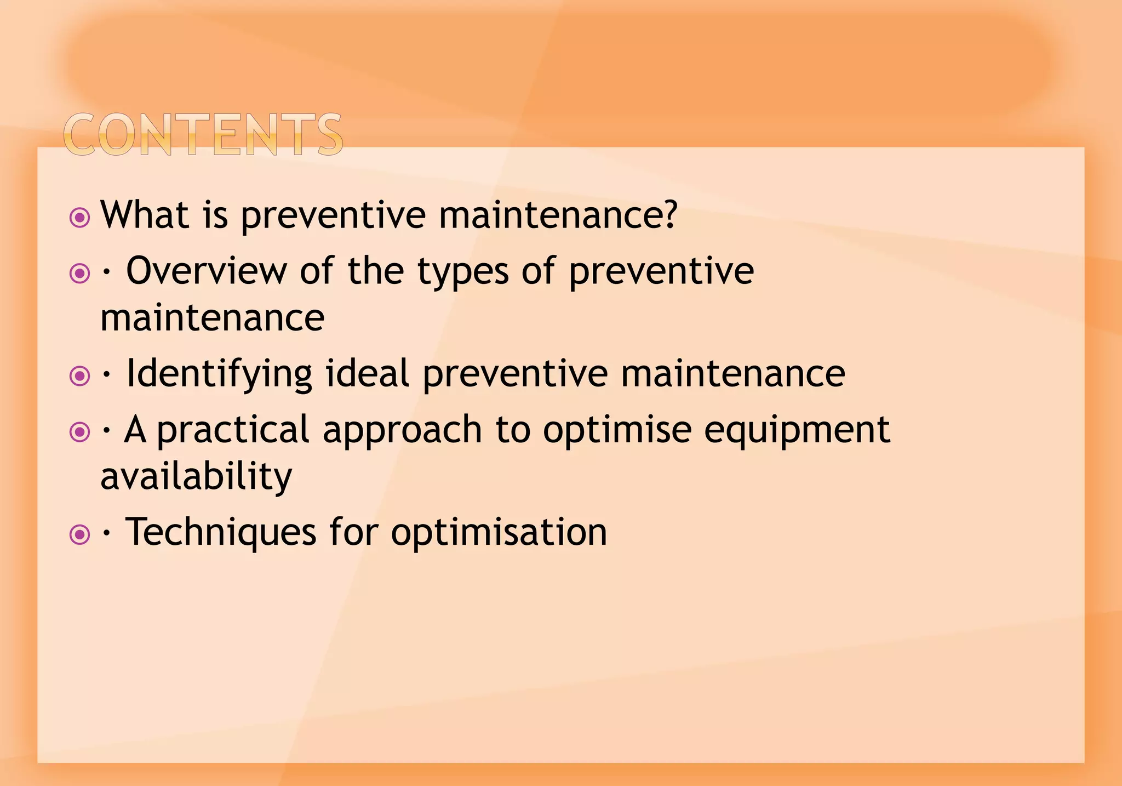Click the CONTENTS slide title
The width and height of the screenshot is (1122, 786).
coord(203,134)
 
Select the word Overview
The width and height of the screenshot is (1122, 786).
coord(206,271)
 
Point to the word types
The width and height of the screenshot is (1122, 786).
coord(463,272)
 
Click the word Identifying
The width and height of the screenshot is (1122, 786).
coord(219,374)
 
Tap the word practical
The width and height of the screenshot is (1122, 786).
coord(233,430)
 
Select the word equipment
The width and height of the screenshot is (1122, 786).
coord(797,430)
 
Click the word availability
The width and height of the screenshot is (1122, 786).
coord(196,476)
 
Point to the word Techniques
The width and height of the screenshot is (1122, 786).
coord(221,532)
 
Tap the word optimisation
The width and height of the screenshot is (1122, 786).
coord(499,532)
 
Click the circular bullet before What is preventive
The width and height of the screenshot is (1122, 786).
coord(80,218)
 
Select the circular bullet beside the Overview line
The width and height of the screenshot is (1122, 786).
coord(80,273)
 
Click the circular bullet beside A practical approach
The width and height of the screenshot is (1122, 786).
coord(80,432)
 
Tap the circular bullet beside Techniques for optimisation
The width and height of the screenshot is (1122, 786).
coord(80,534)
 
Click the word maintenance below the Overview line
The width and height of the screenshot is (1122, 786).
coord(212,318)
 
